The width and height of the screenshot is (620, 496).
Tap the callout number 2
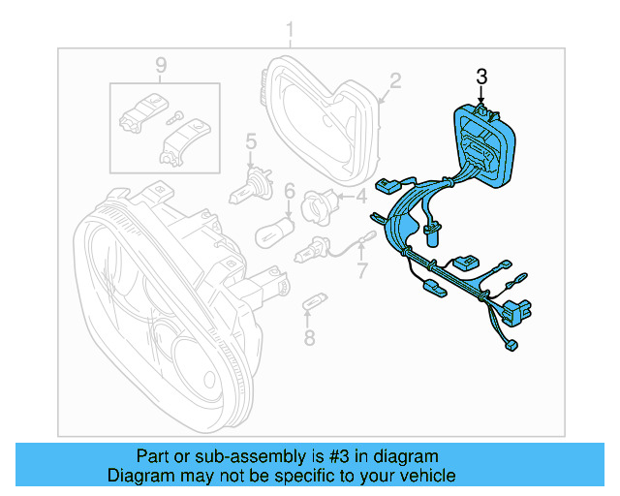[395, 79]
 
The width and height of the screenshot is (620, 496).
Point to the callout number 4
[361, 197]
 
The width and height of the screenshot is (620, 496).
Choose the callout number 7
[362, 266]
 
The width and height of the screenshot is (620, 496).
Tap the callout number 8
[309, 338]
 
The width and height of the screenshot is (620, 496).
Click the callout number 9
[161, 65]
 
